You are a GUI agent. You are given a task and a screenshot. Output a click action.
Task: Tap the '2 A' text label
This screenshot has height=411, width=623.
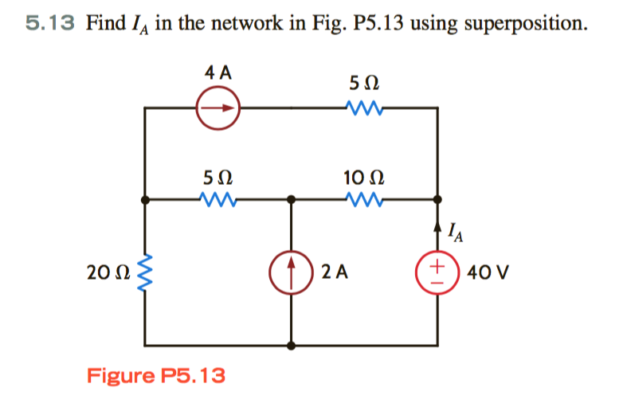tap(335, 273)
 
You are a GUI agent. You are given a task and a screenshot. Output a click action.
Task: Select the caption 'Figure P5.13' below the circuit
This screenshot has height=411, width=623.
tap(156, 374)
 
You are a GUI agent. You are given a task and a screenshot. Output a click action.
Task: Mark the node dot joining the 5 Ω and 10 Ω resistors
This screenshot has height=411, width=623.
tap(292, 200)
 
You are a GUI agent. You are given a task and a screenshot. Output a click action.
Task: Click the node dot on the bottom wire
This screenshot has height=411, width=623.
tap(292, 346)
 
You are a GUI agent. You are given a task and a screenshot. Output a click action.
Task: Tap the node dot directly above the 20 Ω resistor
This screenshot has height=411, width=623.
tap(145, 200)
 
